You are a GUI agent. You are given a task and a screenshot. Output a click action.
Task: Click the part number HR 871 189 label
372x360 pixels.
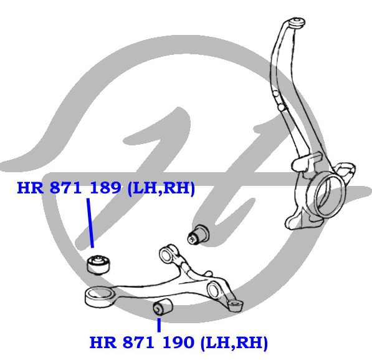[69, 188]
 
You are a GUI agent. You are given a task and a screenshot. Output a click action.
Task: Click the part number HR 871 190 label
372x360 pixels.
[142, 343]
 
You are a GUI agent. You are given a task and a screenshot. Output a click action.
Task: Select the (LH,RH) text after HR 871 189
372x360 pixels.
[161, 188]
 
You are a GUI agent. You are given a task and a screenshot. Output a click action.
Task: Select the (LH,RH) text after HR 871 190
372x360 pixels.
[234, 343]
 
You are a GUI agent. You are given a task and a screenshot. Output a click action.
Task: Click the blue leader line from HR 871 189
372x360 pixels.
[90, 223]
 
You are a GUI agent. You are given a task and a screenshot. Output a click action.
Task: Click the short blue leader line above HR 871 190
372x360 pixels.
[159, 325]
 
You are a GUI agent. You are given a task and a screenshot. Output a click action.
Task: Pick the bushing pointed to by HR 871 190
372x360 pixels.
[163, 307]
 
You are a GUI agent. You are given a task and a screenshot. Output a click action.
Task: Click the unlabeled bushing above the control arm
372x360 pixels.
[199, 234]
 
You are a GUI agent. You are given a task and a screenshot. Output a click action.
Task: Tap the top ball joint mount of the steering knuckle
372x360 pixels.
[297, 23]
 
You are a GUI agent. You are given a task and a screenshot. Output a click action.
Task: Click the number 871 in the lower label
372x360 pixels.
[138, 343]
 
